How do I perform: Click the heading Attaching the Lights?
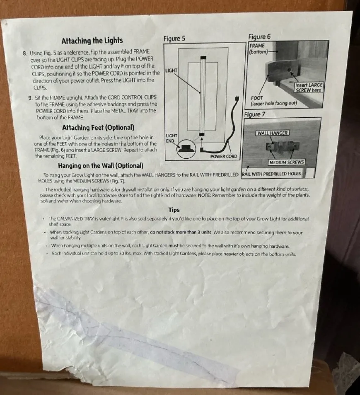(92, 41)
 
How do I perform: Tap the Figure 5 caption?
(174, 39)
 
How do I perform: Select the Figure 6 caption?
(259, 37)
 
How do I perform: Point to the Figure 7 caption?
(254, 114)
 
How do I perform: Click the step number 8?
(25, 53)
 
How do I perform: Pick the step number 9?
(31, 98)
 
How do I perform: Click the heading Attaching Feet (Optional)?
(98, 128)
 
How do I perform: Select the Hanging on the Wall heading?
(101, 166)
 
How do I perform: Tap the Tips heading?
(174, 210)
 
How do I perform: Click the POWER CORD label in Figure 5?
(224, 156)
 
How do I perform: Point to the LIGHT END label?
(172, 138)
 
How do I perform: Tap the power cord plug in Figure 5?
(237, 99)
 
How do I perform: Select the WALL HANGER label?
(273, 133)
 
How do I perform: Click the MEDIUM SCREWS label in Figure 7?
(287, 162)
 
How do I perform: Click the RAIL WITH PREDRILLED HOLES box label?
(271, 174)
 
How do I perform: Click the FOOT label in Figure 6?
(256, 98)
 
